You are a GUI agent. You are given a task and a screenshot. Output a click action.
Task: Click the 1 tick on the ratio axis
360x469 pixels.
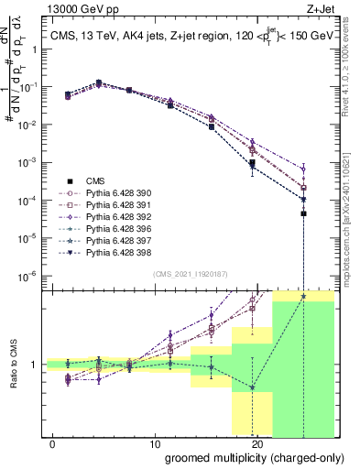35,365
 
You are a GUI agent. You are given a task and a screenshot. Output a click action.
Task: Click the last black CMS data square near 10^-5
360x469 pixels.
303,213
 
